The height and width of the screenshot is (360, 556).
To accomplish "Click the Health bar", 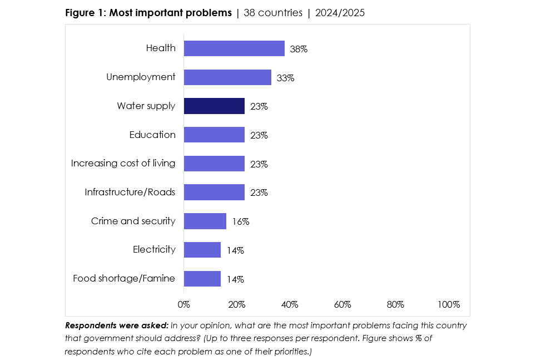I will tap(234, 48).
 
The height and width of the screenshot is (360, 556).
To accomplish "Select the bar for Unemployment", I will tap(227, 77).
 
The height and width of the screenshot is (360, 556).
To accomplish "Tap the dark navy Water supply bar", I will tap(214, 106).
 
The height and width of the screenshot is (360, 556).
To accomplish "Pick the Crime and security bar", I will tap(205, 221).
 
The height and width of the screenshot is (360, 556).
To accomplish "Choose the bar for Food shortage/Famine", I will tap(202, 279).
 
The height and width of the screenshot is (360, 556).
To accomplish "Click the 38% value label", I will tap(299, 49).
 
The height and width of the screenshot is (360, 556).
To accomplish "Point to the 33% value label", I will tap(285, 78).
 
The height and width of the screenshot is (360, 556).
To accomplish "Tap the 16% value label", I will tap(240, 221).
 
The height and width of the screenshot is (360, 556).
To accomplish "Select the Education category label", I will tap(152, 135).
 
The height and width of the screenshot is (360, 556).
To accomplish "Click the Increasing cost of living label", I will tap(123, 164).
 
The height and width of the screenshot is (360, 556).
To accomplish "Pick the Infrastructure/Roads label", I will tap(130, 193).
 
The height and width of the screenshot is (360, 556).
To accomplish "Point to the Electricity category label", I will tap(154, 250).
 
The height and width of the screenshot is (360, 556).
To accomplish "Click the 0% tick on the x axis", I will tap(183, 305).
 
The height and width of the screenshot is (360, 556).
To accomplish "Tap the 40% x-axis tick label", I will tap(290, 305).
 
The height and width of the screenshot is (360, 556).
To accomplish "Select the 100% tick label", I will tap(448, 305).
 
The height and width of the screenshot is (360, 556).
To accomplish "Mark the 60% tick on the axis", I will tap(342, 305).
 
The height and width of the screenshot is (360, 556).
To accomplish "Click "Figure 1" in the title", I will tap(85, 13).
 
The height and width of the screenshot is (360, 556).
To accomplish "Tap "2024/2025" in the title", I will tap(340, 13).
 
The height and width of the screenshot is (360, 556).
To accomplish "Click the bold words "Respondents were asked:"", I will tap(117, 326).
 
